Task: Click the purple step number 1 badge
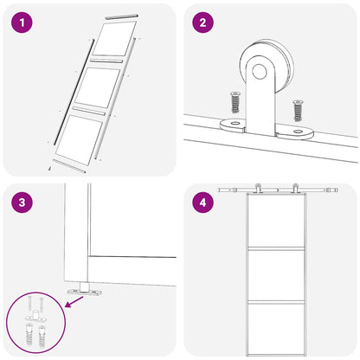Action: click(x=22, y=22)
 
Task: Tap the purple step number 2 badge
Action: click(x=202, y=22)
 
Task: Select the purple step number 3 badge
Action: click(x=22, y=202)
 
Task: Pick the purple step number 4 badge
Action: click(x=202, y=202)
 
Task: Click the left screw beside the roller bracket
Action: click(x=235, y=102)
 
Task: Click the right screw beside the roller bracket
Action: click(x=298, y=110)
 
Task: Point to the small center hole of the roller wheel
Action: click(x=260, y=72)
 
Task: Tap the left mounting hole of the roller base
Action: click(x=235, y=124)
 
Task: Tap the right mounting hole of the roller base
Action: click(x=299, y=132)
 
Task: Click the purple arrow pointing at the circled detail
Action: click(x=74, y=302)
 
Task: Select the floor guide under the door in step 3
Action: click(x=85, y=290)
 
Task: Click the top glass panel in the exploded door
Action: click(x=114, y=38)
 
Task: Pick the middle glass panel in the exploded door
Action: click(x=98, y=87)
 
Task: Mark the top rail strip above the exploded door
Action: click(x=121, y=16)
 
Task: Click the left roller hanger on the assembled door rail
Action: click(x=258, y=188)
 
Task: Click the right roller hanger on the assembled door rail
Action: click(x=294, y=188)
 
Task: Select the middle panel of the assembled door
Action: click(x=276, y=274)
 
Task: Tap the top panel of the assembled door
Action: click(x=276, y=221)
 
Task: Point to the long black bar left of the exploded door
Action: click(x=74, y=92)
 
